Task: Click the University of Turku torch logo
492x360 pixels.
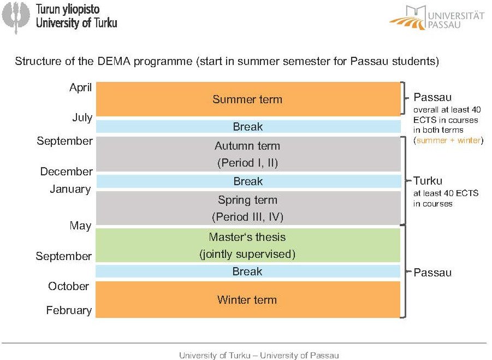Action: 16,17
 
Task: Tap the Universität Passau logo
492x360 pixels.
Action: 437,17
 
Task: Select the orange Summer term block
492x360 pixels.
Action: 248,99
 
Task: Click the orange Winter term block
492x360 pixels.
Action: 248,299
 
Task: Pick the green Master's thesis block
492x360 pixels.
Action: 248,245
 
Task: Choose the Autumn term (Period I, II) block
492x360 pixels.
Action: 248,154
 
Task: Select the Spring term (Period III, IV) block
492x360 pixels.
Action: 248,208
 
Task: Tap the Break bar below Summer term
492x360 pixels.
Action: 248,127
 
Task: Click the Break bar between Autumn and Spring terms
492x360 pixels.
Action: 248,181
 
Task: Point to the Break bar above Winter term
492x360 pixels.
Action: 248,271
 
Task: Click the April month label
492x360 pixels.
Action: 81,87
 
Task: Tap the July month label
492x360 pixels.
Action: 82,117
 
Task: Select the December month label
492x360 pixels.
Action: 67,172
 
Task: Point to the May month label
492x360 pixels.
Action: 81,226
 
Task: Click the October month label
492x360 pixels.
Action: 68,286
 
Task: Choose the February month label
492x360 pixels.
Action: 69,310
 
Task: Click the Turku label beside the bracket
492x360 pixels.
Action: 428,181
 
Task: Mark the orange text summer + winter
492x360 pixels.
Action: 449,140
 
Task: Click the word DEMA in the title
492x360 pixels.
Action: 114,61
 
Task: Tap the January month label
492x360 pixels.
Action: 70,189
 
